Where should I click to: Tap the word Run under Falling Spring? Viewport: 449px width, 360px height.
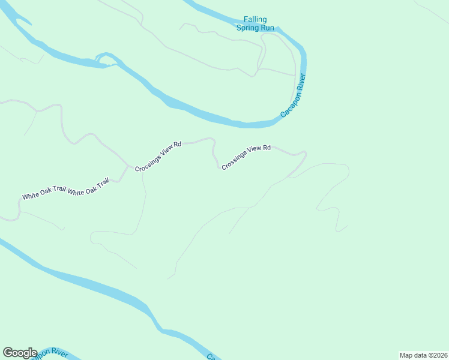coord(267,28)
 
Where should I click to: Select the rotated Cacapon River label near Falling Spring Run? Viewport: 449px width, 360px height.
coord(294,95)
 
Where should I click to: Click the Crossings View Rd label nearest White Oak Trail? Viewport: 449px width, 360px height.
coord(158,157)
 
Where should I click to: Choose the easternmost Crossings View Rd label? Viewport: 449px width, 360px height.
coord(246,157)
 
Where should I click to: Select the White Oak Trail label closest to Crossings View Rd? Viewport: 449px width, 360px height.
coord(88,187)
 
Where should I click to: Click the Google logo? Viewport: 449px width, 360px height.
coord(20,353)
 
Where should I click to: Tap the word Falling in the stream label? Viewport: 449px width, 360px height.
coord(255,19)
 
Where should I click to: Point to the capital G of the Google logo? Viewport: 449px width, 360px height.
coord(8,353)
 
